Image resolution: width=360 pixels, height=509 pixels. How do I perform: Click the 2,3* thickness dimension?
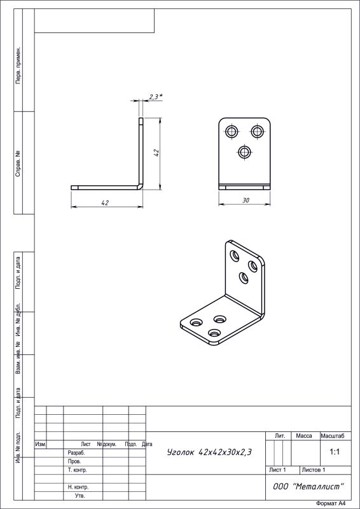tap(156, 97)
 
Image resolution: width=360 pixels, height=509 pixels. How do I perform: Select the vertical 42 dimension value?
tap(156, 153)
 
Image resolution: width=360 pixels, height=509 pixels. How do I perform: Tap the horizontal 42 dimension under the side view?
tap(105, 203)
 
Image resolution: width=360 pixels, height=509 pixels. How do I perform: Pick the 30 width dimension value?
tap(246, 200)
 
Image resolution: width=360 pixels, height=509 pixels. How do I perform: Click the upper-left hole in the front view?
tap(232, 132)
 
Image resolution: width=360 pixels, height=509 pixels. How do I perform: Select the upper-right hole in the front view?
tap(258, 132)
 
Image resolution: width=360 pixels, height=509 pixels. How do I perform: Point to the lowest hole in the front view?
tap(245, 152)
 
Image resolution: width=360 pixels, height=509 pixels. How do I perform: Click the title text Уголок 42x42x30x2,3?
tap(209, 452)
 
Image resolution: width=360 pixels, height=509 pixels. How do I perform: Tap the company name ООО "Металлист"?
tap(308, 487)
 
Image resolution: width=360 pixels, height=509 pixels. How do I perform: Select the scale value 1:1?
tap(335, 452)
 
